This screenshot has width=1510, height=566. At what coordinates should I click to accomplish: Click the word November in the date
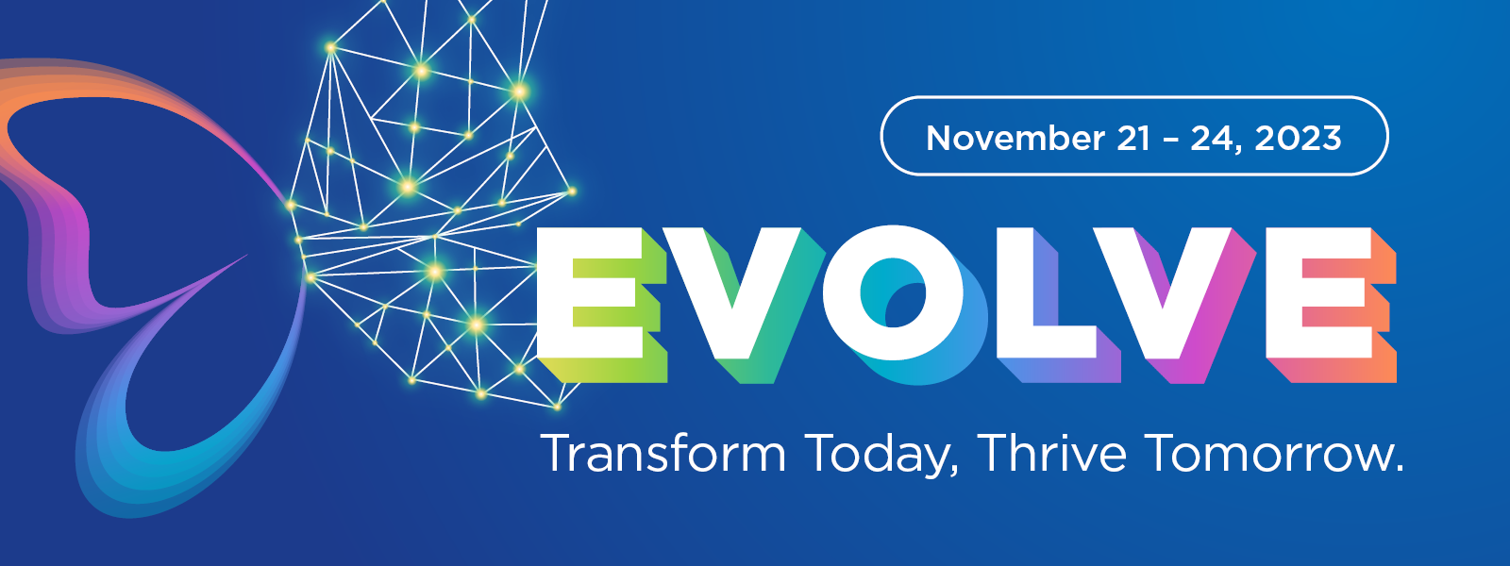pos(1015,138)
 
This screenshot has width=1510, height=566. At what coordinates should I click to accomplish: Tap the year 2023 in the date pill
pos(1298,138)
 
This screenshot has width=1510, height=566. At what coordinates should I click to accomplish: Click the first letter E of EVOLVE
pos(600,303)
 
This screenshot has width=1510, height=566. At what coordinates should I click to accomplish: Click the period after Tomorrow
pos(1398,470)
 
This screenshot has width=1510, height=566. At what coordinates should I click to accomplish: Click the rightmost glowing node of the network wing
pos(572,192)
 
